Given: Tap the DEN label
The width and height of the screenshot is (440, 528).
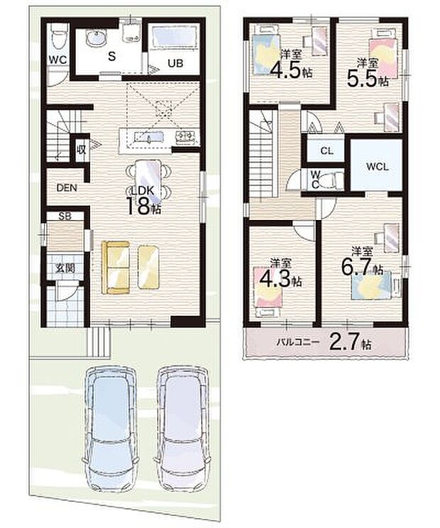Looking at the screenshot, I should (67, 188).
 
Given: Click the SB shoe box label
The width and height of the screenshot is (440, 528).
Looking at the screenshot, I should (65, 216).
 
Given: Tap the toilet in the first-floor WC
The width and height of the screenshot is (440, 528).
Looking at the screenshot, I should (59, 34).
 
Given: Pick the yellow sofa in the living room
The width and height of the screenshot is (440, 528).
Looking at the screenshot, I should (117, 266).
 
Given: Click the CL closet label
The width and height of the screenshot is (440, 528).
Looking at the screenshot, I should (326, 151).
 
